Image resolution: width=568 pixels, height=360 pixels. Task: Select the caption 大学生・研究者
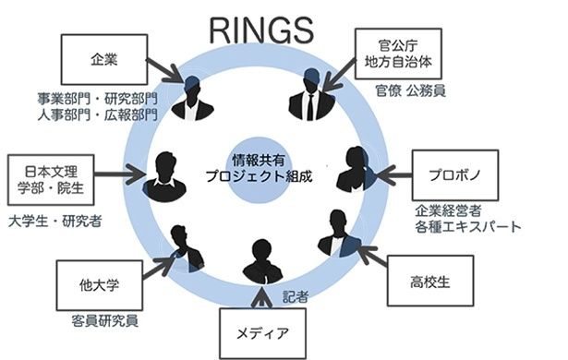tap(55, 221)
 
